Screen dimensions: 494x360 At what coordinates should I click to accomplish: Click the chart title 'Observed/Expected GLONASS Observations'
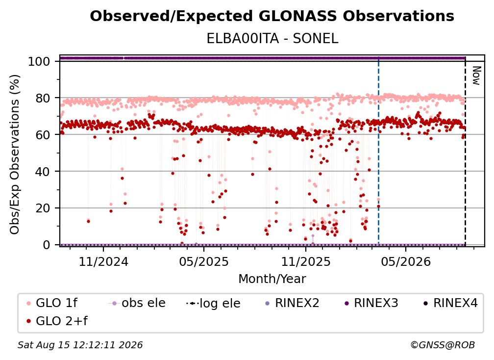click(272, 16)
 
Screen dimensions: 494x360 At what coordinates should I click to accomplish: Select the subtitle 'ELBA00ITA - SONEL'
click(272, 38)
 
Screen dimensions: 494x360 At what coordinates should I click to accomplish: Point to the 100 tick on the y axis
click(39, 61)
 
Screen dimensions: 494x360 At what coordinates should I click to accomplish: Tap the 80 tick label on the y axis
click(43, 98)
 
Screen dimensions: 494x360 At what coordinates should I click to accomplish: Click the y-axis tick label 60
click(43, 135)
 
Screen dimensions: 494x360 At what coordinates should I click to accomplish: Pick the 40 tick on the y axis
click(43, 172)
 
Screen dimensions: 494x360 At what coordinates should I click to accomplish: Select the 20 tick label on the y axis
click(43, 208)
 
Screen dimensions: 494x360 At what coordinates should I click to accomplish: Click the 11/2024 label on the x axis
click(103, 261)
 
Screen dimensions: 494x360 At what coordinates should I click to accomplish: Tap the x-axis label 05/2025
click(204, 261)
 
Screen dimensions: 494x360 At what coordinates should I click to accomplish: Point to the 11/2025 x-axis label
click(306, 261)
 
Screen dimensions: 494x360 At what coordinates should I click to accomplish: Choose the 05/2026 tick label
click(406, 261)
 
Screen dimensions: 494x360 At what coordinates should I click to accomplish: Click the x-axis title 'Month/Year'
click(272, 279)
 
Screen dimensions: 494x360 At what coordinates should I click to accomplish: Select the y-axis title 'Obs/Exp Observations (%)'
click(15, 154)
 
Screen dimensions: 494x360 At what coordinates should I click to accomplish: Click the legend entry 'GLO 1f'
click(52, 303)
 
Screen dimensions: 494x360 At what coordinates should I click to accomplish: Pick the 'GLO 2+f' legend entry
click(57, 321)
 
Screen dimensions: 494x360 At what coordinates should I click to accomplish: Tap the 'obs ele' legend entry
click(137, 303)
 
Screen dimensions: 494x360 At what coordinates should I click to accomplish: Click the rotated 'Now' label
click(476, 76)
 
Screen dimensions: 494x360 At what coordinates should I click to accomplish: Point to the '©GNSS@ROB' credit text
click(443, 345)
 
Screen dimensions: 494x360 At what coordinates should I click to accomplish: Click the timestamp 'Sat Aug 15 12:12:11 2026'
click(80, 345)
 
